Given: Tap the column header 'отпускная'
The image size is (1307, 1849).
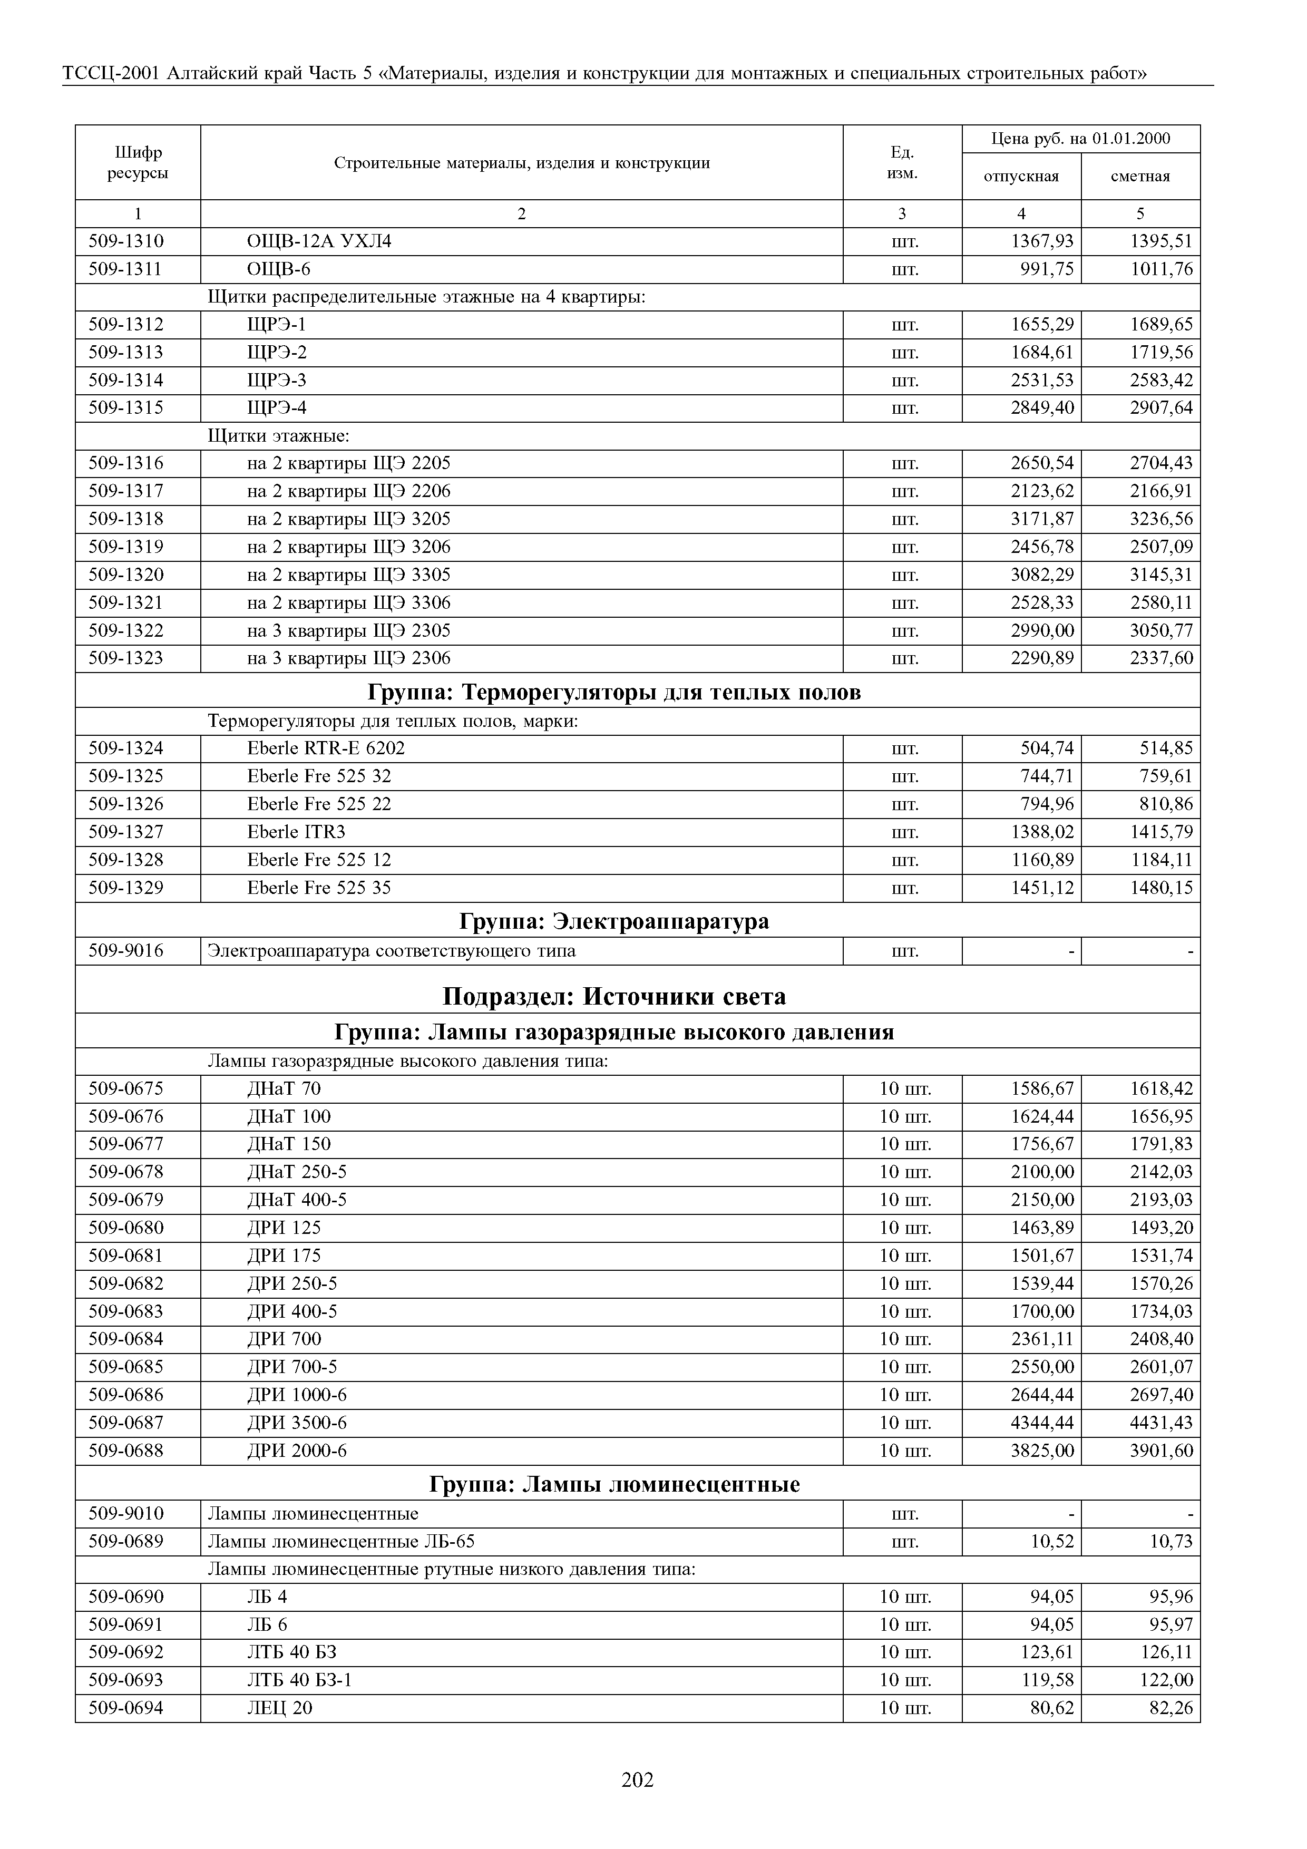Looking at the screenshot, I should [1021, 177].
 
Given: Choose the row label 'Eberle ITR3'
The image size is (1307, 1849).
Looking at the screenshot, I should [296, 832].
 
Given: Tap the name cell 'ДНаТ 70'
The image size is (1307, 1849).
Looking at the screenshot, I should [284, 1089].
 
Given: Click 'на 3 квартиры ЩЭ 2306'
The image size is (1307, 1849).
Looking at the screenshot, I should [349, 659].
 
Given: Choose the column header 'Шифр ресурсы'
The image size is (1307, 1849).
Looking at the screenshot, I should [138, 163].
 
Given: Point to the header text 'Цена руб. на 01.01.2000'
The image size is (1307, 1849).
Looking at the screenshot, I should [1081, 139].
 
